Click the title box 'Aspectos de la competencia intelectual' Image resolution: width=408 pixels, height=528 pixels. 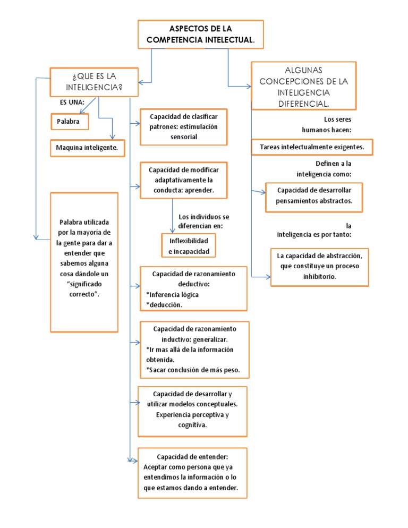coord(200,34)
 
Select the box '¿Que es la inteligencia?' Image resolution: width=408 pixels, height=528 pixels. coord(94,81)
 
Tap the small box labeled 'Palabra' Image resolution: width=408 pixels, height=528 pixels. coord(69,122)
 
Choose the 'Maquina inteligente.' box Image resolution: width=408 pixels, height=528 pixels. coord(88,147)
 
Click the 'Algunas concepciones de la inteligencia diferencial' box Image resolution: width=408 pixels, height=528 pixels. coord(303,86)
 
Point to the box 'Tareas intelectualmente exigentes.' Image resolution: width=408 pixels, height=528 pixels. coord(312,147)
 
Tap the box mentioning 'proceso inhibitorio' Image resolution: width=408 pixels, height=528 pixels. coord(319,267)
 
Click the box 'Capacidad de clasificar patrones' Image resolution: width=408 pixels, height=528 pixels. coord(184,126)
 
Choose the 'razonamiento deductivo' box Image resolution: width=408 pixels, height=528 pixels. coord(193,288)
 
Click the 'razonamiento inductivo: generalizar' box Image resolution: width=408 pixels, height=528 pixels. coord(193,349)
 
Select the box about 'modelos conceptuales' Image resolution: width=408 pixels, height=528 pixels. coord(192,409)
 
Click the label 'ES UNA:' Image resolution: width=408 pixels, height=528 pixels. coord(72,101)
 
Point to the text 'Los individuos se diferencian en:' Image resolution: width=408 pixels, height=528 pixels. coord(204,221)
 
